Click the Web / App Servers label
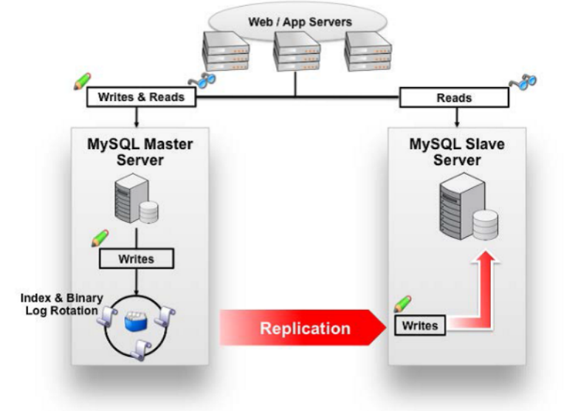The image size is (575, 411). pos(300,21)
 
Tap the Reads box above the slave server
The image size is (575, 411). pos(455,97)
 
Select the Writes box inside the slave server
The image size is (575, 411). pos(419,325)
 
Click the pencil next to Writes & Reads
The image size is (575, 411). pos(82,82)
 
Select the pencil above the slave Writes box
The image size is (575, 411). pos(403,303)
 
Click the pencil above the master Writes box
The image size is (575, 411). pos(99,238)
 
